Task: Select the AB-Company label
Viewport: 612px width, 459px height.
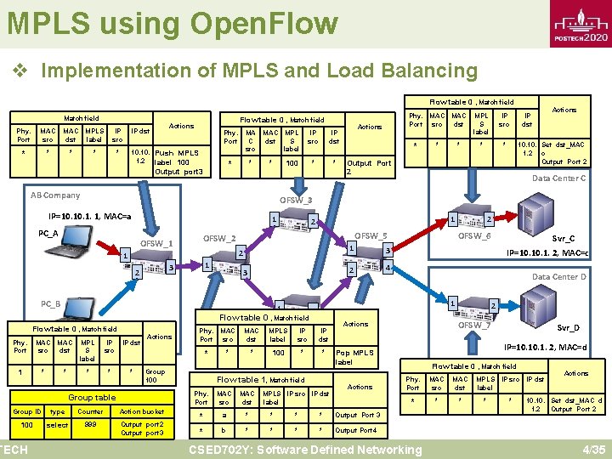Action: (x=55, y=195)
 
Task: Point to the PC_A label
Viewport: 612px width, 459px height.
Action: (x=48, y=233)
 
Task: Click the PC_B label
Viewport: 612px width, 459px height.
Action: (x=50, y=303)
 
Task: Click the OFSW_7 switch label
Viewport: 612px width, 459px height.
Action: (x=474, y=325)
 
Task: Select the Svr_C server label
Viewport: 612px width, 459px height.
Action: (x=564, y=239)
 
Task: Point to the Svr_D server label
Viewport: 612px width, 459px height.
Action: (x=568, y=327)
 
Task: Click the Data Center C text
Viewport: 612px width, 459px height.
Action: (x=558, y=178)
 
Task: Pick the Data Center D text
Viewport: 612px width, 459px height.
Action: (x=558, y=277)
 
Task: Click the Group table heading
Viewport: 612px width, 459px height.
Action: (x=92, y=397)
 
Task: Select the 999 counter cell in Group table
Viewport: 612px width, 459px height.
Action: (x=90, y=424)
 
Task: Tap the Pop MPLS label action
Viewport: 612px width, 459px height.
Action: (x=355, y=357)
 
